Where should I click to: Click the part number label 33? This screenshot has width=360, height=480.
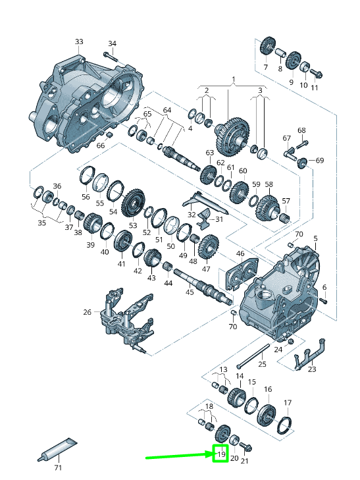79,41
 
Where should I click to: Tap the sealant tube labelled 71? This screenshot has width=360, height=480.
57,449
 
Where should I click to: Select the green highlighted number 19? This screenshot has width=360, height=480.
221,454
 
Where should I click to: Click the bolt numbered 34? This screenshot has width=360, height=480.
110,57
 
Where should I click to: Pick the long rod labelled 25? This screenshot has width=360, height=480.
253,357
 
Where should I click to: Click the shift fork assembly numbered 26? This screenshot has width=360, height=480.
126,319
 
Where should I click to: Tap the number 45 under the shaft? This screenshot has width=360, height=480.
190,292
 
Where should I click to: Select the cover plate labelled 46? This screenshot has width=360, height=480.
242,273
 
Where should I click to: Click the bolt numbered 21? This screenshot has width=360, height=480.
246,447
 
